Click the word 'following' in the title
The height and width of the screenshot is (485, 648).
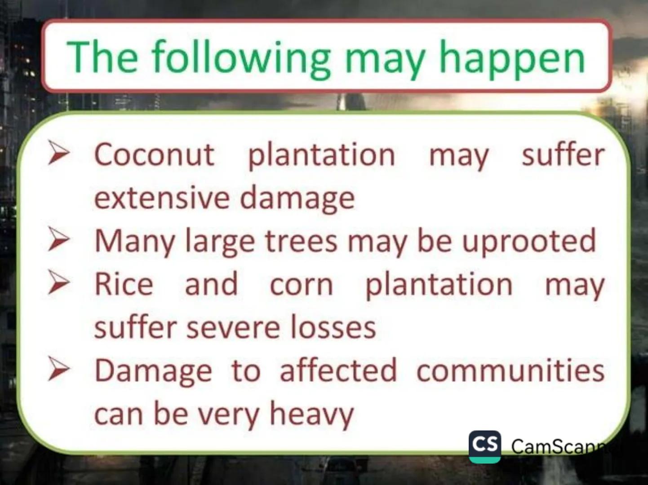[240, 58]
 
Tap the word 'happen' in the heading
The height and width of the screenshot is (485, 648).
[512, 58]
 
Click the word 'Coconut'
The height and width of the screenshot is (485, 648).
[154, 154]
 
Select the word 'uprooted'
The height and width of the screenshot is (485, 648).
[529, 242]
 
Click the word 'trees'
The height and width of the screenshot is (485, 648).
[301, 241]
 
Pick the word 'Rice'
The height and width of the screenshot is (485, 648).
[124, 284]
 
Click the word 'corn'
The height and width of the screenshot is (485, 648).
[302, 285]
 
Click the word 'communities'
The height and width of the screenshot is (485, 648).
[510, 370]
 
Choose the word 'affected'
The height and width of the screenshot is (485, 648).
[338, 370]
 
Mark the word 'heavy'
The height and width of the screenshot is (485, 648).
[311, 414]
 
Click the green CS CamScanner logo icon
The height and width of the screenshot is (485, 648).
[484, 446]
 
